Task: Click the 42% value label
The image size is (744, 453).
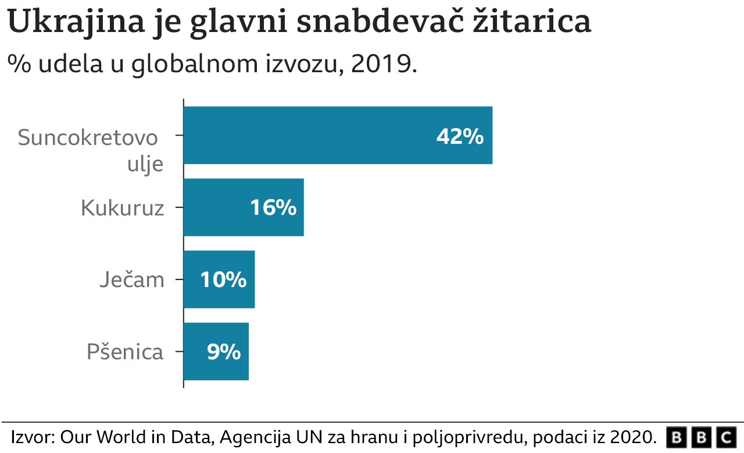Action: [x=460, y=136]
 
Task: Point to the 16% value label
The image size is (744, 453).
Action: [x=273, y=208]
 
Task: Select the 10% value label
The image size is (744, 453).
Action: [x=223, y=280]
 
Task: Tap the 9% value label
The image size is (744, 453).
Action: [x=224, y=352]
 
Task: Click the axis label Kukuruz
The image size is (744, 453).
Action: [x=122, y=208]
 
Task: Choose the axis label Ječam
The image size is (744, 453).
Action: [x=131, y=280]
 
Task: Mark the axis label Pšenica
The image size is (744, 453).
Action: [x=125, y=352]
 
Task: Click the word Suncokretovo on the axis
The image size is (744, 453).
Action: [x=88, y=138]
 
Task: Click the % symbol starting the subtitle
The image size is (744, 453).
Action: [x=19, y=64]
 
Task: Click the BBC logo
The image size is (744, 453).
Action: [x=700, y=437]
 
